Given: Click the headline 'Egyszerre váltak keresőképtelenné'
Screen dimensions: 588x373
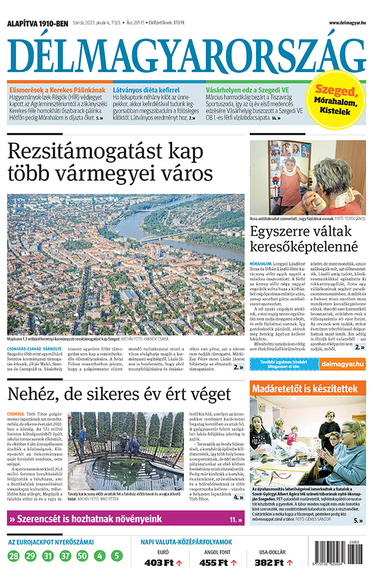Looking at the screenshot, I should coord(305,240).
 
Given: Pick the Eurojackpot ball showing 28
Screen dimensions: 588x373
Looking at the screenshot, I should coord(14,556).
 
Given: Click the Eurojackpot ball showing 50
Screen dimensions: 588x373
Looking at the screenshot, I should coord(82,556).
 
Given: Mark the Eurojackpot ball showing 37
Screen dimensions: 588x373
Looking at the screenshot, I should coord(65,556).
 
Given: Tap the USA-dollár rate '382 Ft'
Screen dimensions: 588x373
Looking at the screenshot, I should coord(270,563).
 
